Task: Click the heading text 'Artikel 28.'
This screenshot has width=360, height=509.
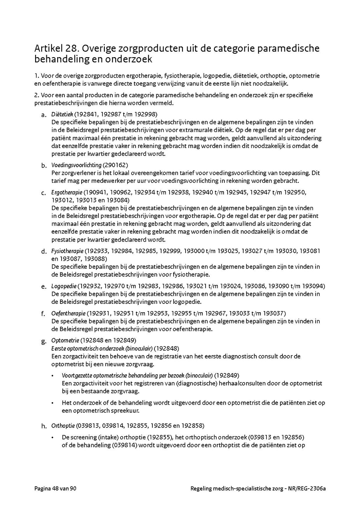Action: click(54, 48)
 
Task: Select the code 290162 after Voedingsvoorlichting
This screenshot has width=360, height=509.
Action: click(116, 165)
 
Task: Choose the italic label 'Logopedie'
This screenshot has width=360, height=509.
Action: click(64, 286)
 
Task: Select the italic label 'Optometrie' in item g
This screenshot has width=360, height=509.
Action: click(65, 341)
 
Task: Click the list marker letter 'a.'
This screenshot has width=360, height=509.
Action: click(44, 115)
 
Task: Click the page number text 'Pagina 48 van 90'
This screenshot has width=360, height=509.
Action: click(55, 489)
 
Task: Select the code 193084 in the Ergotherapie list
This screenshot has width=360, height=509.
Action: click(118, 200)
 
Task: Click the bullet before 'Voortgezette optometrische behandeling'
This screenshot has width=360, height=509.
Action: click(54, 375)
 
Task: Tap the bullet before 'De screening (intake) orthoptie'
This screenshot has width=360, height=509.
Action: click(54, 437)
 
